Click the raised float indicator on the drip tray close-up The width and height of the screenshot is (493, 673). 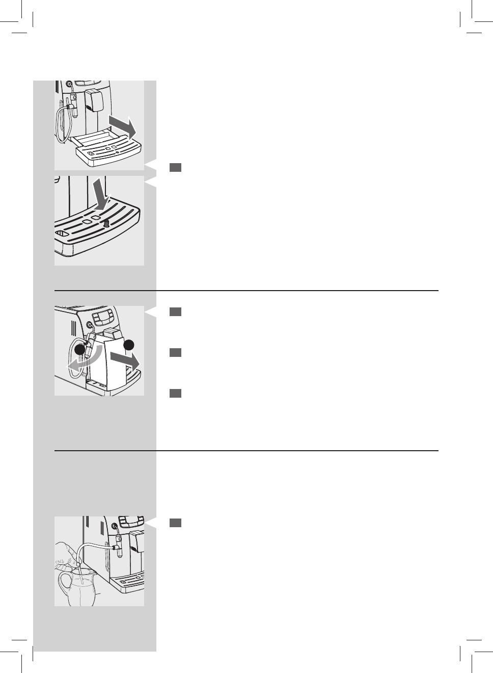click(106, 223)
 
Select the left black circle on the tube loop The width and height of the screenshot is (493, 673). click(80, 350)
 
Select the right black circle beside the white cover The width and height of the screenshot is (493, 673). click(128, 345)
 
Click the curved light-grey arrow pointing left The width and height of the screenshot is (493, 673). click(81, 359)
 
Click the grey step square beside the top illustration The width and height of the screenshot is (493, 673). click(175, 167)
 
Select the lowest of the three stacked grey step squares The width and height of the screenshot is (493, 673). click(175, 393)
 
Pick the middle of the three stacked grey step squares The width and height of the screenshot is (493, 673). click(175, 352)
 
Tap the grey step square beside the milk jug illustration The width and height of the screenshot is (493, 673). click(175, 523)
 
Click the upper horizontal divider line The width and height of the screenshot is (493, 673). click(247, 291)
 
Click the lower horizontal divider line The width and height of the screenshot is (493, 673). click(247, 451)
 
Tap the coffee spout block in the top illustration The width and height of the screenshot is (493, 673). click(94, 99)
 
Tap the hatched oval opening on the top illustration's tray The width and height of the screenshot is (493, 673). click(91, 153)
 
